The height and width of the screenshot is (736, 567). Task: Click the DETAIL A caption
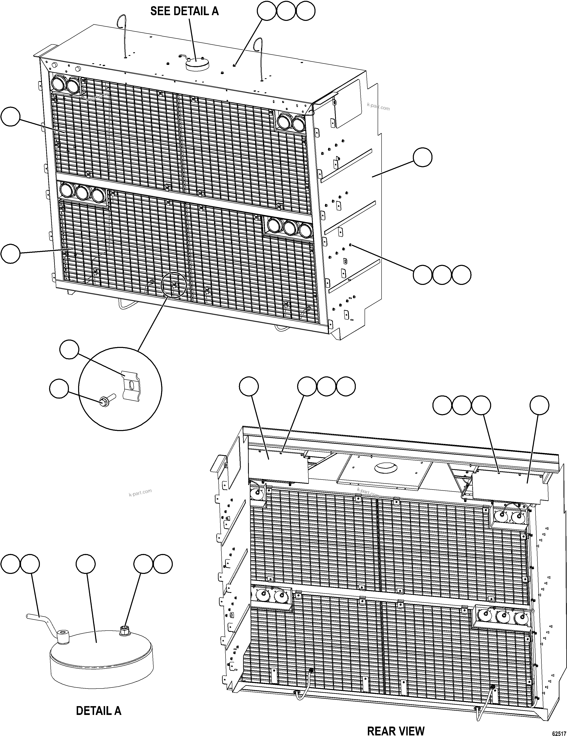(x=98, y=711)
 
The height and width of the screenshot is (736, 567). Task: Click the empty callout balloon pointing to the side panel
(x=423, y=157)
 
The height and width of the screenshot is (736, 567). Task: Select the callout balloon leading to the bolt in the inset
(x=59, y=388)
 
